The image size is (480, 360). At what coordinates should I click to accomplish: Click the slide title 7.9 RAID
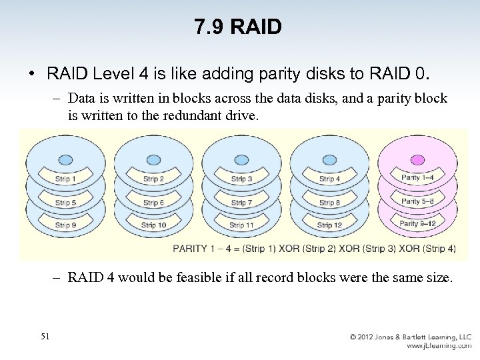[238, 27]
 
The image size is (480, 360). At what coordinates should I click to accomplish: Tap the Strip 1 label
[65, 179]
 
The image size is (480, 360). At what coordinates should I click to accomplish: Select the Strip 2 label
[153, 179]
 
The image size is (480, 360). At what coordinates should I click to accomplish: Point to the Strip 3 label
[241, 179]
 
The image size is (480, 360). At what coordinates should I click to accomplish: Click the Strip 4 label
[329, 179]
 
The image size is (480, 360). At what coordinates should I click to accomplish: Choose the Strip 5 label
[65, 203]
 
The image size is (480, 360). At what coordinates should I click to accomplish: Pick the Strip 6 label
[153, 203]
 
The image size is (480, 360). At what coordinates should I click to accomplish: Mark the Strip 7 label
[241, 203]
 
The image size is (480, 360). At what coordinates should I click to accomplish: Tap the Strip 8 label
[329, 203]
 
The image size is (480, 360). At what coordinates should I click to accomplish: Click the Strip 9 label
[65, 225]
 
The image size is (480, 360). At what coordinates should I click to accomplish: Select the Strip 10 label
[153, 225]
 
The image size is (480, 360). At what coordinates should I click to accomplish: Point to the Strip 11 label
[241, 225]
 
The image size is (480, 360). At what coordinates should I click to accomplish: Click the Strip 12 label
[329, 225]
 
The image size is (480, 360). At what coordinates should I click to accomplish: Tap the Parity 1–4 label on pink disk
[417, 178]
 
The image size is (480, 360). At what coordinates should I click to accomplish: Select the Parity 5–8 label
[417, 201]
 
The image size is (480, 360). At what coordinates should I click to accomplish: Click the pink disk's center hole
[417, 160]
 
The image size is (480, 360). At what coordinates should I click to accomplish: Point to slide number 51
[45, 336]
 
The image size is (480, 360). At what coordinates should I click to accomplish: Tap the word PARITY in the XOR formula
[191, 249]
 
